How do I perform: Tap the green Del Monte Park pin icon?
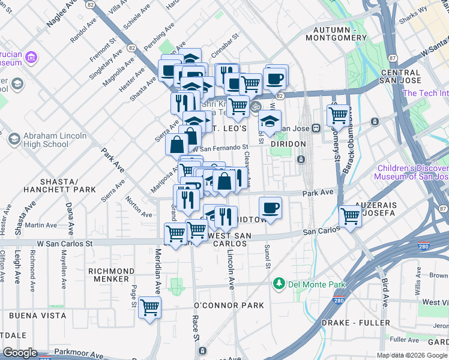[278, 283]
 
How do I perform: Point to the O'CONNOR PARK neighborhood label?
[229, 305]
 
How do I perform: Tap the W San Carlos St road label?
[65, 244]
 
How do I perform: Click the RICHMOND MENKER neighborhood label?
[111, 275]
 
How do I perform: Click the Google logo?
[20, 353]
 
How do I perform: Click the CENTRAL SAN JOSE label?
[408, 76]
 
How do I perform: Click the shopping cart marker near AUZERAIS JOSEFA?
[350, 217]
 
